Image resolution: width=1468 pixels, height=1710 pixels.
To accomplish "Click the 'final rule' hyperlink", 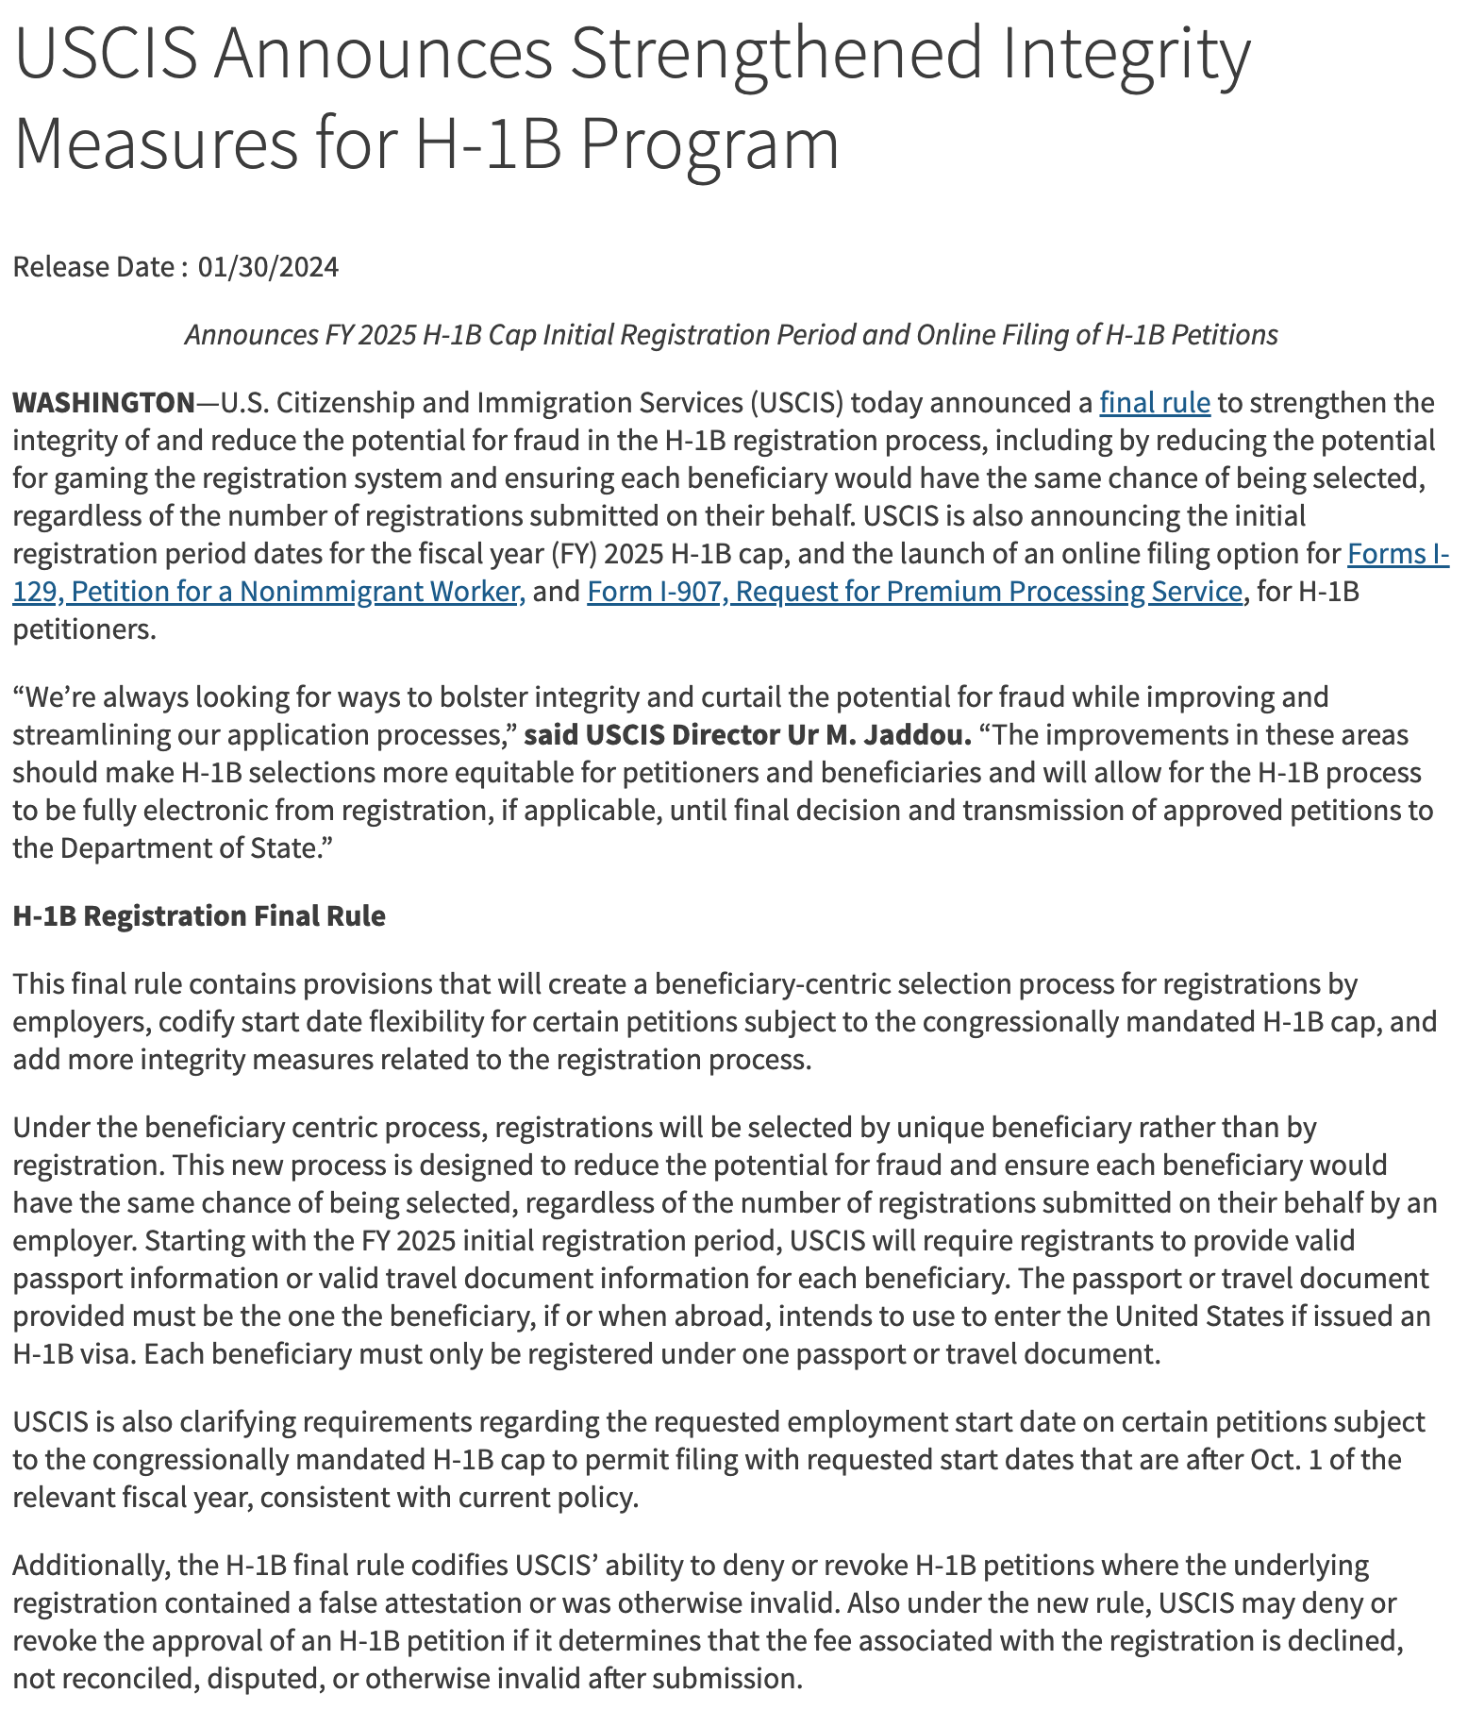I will tap(1154, 403).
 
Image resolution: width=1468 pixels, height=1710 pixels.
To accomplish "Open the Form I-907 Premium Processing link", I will tap(914, 592).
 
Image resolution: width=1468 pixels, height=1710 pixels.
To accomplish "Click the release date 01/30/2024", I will tap(268, 267).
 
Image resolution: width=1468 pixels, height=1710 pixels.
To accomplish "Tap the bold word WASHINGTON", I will tap(103, 403).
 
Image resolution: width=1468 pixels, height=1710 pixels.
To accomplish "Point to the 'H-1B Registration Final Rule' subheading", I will tap(199, 916).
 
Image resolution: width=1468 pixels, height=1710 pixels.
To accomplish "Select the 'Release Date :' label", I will tap(94, 267).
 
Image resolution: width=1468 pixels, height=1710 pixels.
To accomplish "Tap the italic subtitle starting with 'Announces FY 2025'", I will tap(731, 335).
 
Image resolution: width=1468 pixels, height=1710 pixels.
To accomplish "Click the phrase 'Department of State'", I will tap(185, 848).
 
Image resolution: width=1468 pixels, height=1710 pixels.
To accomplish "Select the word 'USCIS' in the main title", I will tap(107, 55).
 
